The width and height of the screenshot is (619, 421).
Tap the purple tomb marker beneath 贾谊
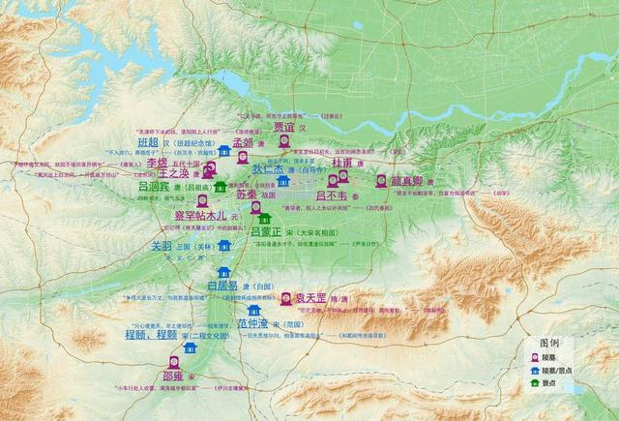tap(284, 141)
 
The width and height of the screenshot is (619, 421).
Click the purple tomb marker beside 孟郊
tap(243, 157)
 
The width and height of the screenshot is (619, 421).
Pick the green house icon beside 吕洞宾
tap(221, 186)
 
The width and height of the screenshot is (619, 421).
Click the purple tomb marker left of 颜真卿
tap(381, 180)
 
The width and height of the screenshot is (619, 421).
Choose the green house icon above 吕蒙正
tap(264, 218)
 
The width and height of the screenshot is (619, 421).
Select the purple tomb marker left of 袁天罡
tap(286, 297)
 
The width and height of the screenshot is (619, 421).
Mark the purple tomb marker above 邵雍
tap(174, 361)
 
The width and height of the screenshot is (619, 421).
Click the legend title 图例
tap(550, 343)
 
